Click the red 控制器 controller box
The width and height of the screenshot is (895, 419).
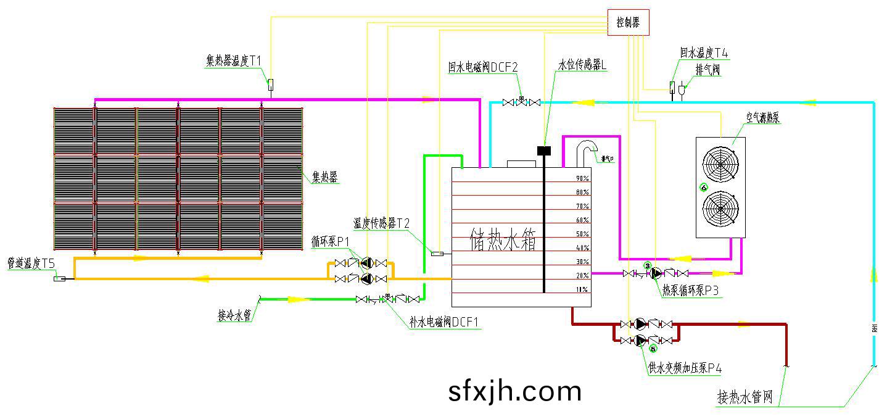[628, 23]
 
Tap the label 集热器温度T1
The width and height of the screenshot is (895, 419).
[234, 60]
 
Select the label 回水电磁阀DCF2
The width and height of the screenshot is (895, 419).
[483, 67]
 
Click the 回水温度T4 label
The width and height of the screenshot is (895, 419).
[704, 54]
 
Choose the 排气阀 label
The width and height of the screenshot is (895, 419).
[707, 70]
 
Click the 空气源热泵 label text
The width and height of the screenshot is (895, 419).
[763, 117]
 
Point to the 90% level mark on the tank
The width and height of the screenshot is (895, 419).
[582, 178]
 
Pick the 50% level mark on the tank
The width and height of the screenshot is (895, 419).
[582, 234]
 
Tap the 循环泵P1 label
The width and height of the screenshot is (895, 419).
[331, 241]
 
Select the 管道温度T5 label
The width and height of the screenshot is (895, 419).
[31, 263]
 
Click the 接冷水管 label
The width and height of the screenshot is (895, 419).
[234, 316]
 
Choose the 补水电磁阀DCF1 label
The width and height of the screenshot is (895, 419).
[444, 322]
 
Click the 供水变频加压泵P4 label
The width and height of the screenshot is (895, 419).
[685, 368]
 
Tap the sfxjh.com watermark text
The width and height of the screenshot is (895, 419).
[515, 391]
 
